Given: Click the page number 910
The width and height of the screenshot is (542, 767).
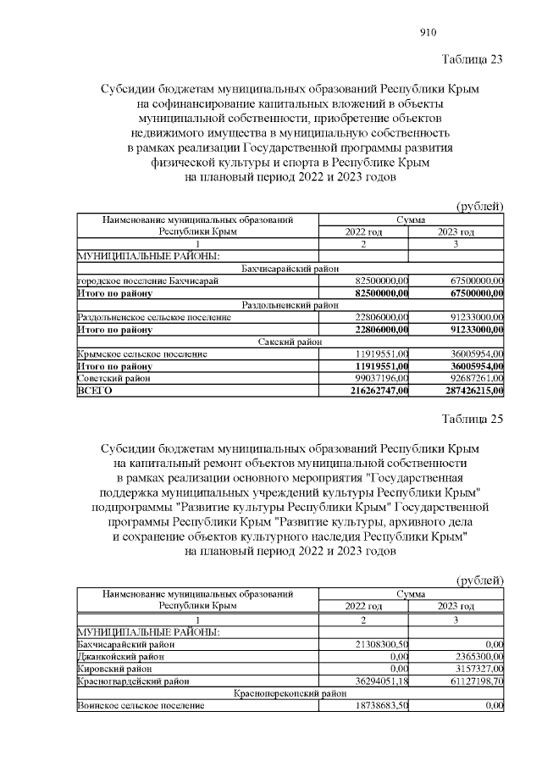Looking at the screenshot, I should click(428, 33).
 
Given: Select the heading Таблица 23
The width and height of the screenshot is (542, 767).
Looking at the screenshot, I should click(473, 59).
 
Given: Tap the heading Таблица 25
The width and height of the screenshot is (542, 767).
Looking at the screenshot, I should click(473, 420).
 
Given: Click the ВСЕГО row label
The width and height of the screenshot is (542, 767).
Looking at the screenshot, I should click(94, 391).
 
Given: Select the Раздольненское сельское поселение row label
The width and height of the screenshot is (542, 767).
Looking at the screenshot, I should click(153, 316).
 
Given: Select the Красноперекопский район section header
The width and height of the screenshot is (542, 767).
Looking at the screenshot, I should click(290, 692).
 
